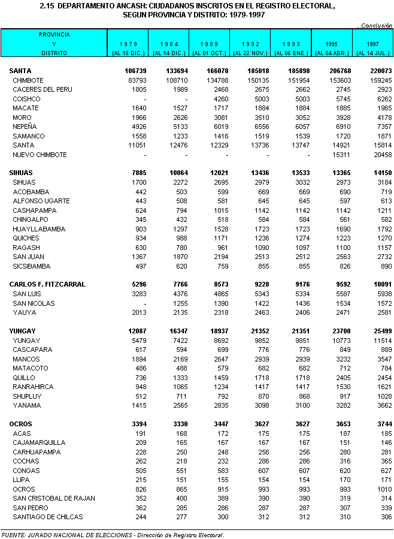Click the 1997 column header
pos(372,44)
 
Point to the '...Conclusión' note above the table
pos(375,25)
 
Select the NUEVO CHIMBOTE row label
pos(40,155)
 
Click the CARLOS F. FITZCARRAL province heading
pos(47,284)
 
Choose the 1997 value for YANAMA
pos(381,405)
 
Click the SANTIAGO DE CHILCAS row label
pos(47,517)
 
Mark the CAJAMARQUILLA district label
pos(39,442)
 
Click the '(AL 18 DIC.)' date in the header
pos(128,53)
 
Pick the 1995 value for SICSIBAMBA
pos(341,266)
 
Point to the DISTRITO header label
pos(53,53)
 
